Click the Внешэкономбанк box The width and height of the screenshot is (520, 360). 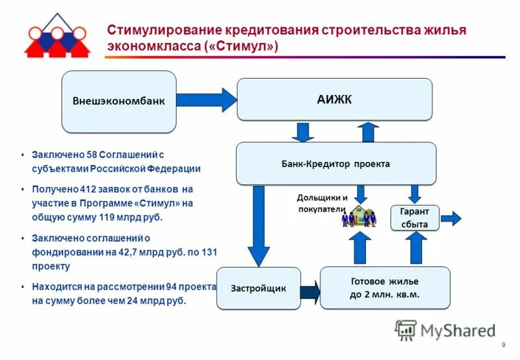click(118, 101)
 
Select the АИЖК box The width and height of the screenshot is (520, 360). click(334, 99)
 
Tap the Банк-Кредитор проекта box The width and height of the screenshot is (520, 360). click(335, 164)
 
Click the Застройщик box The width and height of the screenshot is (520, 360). click(258, 288)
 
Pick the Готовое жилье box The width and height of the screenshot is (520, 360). click(385, 287)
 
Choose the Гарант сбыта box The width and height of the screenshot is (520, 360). click(414, 218)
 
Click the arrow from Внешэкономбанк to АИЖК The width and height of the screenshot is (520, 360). click(207, 99)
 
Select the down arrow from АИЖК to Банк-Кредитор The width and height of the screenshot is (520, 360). click(302, 132)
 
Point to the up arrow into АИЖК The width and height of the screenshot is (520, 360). click(369, 132)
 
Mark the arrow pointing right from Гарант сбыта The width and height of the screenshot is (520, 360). click(451, 218)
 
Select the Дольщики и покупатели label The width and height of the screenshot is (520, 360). click(322, 202)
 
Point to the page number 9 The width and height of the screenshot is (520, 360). click(504, 345)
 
